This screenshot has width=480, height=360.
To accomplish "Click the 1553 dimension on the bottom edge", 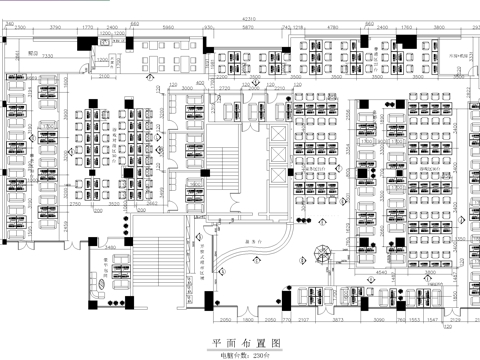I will (x=413, y=320).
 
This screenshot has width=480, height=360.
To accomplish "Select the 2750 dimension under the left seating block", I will (x=75, y=204).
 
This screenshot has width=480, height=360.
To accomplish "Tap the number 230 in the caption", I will (x=259, y=354).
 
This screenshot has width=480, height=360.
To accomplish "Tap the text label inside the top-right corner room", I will (x=458, y=57).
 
